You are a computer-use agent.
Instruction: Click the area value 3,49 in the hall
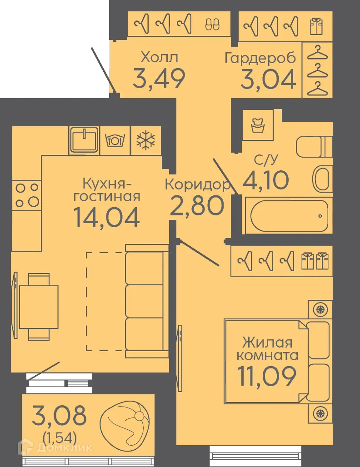coord(159,78)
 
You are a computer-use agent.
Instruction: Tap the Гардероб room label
coord(260,58)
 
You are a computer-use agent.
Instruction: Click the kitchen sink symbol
coord(84,139)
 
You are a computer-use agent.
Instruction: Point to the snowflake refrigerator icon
coord(146,139)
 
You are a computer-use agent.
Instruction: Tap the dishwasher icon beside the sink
coord(115,139)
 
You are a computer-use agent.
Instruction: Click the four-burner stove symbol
coord(26,194)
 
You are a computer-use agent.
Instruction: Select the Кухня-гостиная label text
coord(107,190)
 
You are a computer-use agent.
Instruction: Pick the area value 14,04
coord(106,217)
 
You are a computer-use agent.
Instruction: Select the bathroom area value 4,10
coord(266,180)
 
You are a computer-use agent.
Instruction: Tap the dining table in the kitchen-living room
coord(39,307)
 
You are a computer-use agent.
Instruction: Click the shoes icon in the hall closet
coord(212,24)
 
